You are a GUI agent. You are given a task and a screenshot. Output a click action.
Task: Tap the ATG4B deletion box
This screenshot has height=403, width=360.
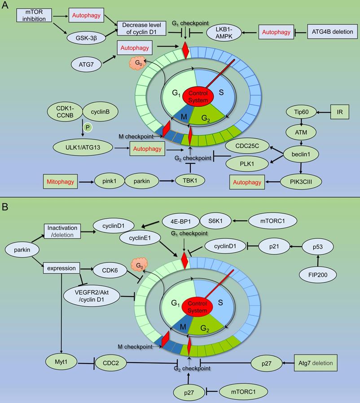tap(332, 32)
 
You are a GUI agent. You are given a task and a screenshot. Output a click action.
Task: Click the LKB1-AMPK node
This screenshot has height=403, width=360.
tap(223, 32)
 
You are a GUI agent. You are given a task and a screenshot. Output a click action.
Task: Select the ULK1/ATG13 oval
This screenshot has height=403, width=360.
tap(83, 147)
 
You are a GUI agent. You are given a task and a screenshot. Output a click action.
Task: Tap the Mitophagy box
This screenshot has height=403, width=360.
tap(61, 182)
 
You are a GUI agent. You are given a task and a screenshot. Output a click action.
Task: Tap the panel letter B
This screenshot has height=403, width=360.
tap(6, 207)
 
